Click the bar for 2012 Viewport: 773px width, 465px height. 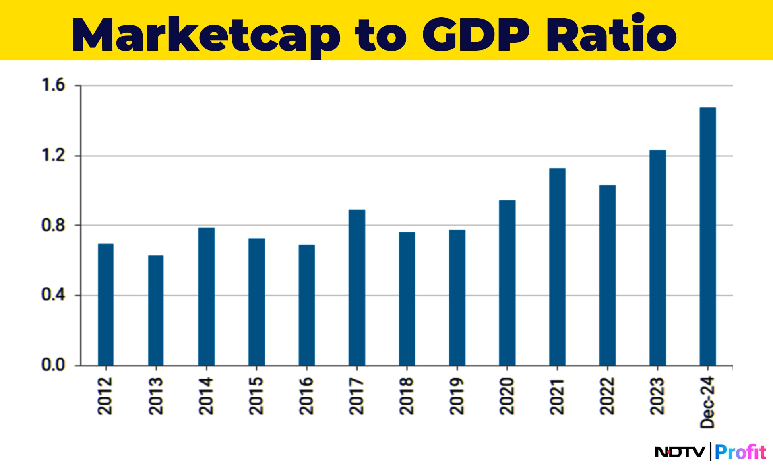(105, 305)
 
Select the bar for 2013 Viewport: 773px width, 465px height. (156, 310)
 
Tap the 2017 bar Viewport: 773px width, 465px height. (357, 287)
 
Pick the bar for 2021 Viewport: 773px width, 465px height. (557, 267)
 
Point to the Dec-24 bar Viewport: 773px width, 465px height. (707, 236)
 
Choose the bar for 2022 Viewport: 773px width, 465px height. (607, 275)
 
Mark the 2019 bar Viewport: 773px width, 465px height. (457, 298)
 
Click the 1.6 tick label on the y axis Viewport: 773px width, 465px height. (53, 85)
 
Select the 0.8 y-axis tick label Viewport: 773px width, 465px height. (53, 225)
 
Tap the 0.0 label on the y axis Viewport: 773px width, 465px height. (53, 365)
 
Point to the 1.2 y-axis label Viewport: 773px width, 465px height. (53, 155)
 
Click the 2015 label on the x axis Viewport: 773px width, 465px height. (256, 396)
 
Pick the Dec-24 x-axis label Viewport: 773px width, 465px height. (707, 402)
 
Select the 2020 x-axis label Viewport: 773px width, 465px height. (507, 396)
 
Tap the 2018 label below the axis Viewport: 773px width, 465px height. (407, 396)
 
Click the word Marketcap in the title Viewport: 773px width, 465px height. (205, 35)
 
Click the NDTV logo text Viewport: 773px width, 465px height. (680, 452)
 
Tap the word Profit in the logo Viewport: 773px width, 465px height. (740, 452)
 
